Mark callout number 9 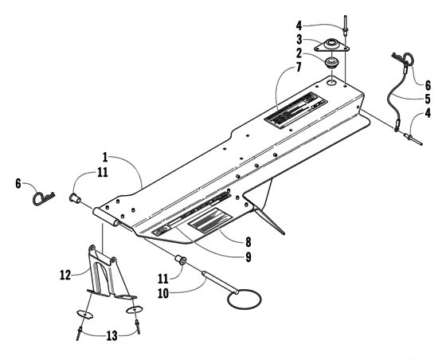pos(225,256)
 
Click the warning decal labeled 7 pos(299,111)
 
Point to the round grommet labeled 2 pos(331,62)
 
